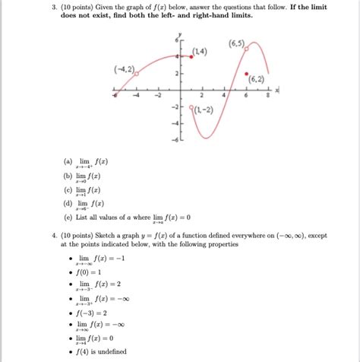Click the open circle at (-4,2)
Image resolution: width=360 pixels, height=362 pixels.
pyautogui.click(x=137, y=74)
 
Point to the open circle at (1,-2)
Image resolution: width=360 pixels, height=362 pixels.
pyautogui.click(x=191, y=108)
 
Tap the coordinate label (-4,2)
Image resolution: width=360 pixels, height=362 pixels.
pyautogui.click(x=122, y=69)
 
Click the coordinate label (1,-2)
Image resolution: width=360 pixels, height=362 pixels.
pyautogui.click(x=204, y=110)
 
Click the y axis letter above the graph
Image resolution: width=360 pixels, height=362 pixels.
pyautogui.click(x=180, y=35)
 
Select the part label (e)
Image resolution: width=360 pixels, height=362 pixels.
pyautogui.click(x=69, y=217)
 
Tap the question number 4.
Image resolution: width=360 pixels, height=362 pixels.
pyautogui.click(x=55, y=236)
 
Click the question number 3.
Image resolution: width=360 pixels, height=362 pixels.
pyautogui.click(x=55, y=6)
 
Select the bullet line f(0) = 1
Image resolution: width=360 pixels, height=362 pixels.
pyautogui.click(x=89, y=271)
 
